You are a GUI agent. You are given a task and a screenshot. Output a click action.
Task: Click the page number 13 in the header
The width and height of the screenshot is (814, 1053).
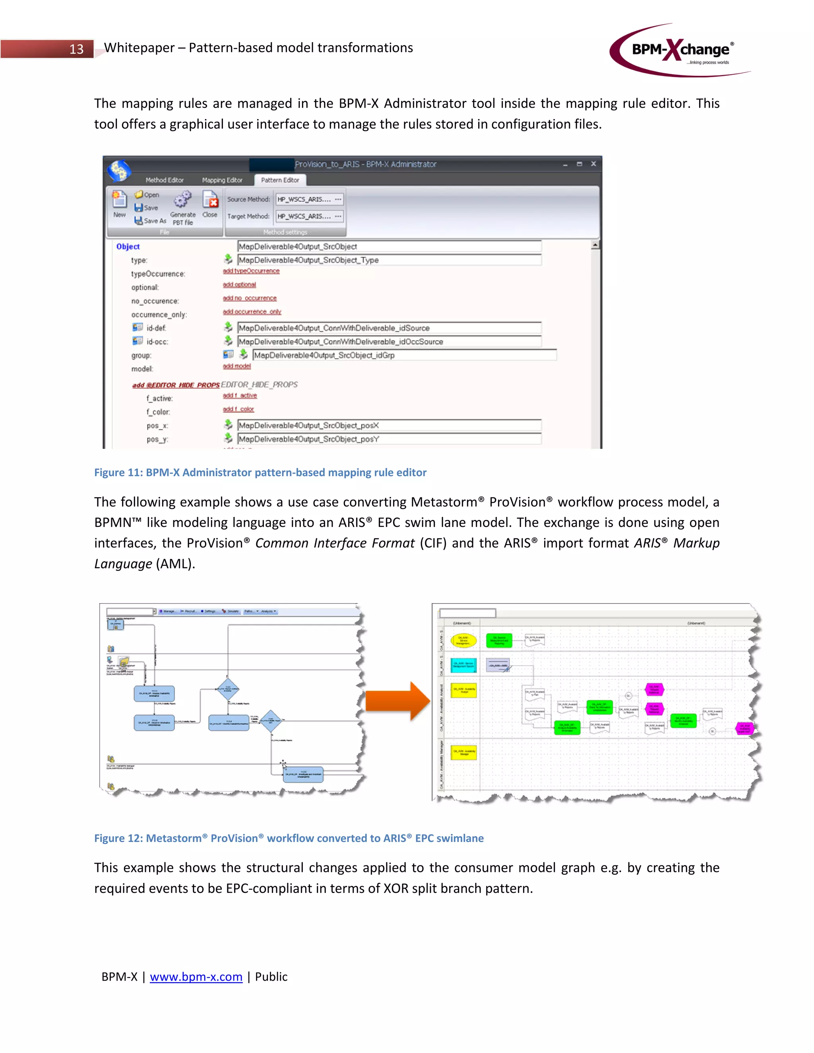(76, 49)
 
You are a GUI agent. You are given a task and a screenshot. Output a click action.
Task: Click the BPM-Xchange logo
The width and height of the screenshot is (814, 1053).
(680, 50)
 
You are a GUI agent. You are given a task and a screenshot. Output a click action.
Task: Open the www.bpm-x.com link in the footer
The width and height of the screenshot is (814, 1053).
(196, 976)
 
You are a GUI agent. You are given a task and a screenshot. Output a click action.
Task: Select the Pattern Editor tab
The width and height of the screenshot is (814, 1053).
(280, 180)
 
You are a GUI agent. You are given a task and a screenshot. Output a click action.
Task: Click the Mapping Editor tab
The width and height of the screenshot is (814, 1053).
(222, 180)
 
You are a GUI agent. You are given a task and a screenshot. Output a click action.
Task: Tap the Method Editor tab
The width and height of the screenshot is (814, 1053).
(165, 180)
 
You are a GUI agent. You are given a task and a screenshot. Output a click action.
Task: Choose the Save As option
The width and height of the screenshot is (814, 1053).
(151, 221)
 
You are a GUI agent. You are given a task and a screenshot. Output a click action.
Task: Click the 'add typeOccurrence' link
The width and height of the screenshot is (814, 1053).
(251, 271)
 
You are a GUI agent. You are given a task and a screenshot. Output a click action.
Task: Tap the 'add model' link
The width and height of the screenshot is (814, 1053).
(236, 366)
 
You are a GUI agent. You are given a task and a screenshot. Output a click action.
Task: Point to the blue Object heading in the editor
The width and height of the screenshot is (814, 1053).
(128, 246)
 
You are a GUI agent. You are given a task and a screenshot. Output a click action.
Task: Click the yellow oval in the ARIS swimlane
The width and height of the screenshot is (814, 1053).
(463, 640)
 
